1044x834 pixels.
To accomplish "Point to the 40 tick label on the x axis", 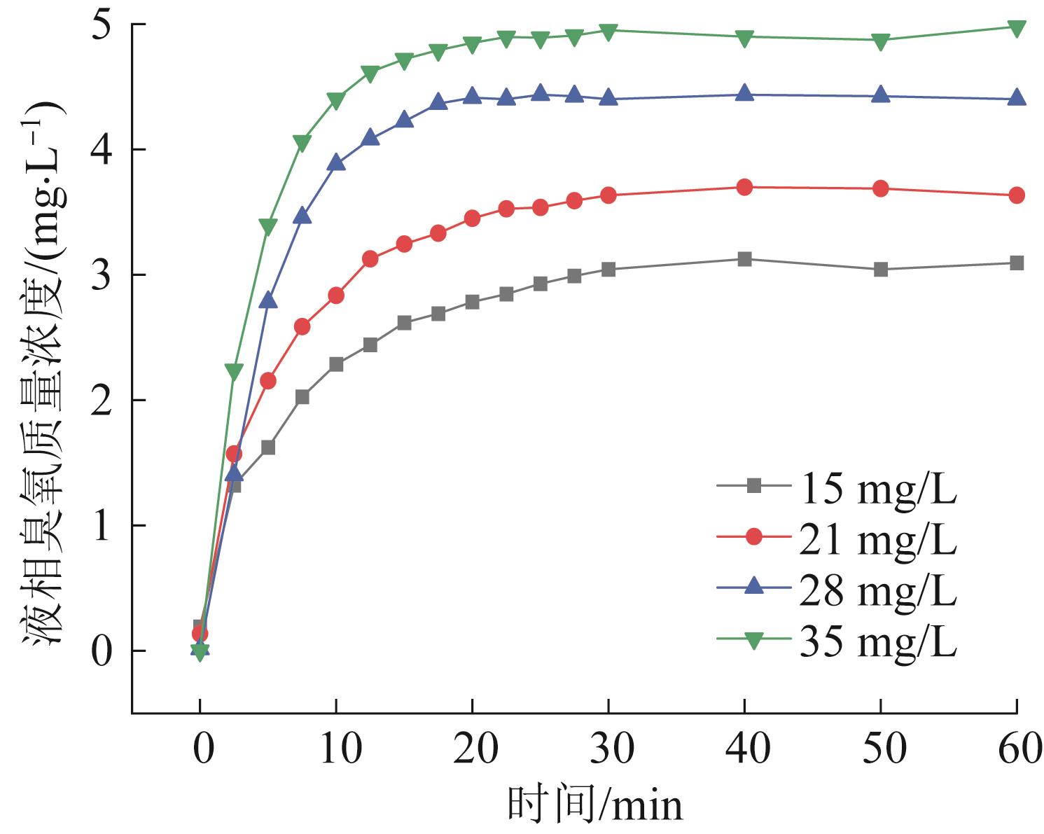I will click(744, 749).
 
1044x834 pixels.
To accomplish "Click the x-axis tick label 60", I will click(1016, 749).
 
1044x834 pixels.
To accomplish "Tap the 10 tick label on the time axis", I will click(335, 749).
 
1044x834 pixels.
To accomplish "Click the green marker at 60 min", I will click(1016, 28).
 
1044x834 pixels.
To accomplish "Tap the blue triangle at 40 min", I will click(744, 94).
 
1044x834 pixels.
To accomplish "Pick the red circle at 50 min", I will click(881, 188).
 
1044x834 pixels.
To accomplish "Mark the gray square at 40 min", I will click(744, 259).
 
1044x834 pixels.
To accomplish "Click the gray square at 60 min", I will click(1017, 263).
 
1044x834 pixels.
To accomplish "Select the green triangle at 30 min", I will click(608, 32).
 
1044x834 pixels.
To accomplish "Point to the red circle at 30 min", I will click(608, 195).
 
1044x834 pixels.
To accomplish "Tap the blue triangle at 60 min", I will click(1017, 98).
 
